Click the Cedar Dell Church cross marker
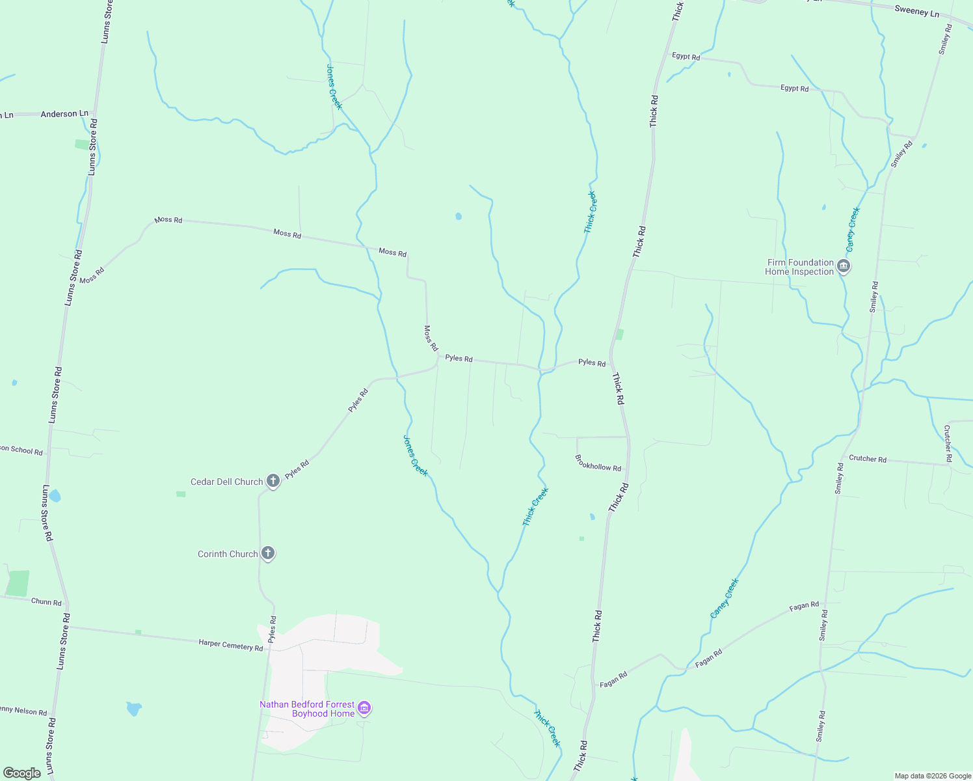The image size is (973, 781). coord(273,482)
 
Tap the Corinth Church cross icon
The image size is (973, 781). coord(268,554)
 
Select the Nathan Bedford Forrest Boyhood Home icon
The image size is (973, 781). coord(364,708)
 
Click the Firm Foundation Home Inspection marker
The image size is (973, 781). coord(844,266)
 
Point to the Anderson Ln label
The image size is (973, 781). coord(64,114)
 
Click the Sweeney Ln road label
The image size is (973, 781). coord(916,11)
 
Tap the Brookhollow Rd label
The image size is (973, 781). coord(598,463)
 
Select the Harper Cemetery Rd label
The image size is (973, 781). coord(231,646)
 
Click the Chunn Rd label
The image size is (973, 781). coord(46,602)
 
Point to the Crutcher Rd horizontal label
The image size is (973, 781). coord(868,459)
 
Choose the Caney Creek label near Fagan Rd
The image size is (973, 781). coord(724,598)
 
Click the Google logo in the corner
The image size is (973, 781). coord(21,773)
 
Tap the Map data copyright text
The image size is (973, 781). coord(932,776)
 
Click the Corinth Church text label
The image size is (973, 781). coord(228,555)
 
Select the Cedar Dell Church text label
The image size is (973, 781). coord(226,482)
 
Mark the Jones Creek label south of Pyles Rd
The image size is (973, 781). coord(415,456)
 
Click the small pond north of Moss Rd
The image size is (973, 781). coord(459,216)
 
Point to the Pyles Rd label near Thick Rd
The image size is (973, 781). coord(592,363)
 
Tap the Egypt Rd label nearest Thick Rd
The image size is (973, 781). coord(686,57)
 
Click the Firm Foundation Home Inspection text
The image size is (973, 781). coord(800,267)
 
